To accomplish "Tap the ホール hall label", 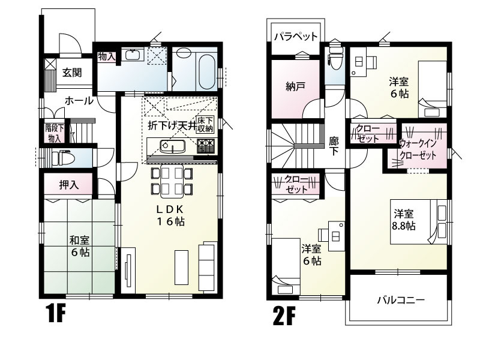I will pos(79,101).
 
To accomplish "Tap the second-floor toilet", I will pos(335,63).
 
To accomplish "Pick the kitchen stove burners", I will pos(206,145).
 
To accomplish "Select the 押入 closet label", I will pos(68,184).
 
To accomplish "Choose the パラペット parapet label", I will pos(296,37).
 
